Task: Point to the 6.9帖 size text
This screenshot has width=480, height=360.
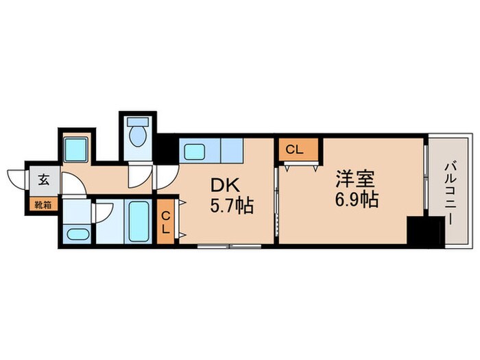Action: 357,200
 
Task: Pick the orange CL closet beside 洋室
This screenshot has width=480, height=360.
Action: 298,149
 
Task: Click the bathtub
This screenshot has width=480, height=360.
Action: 139,220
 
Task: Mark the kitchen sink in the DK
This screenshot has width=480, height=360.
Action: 195,152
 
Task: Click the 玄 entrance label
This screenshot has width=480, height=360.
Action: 43,181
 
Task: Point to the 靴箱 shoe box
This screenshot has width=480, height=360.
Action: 43,204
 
